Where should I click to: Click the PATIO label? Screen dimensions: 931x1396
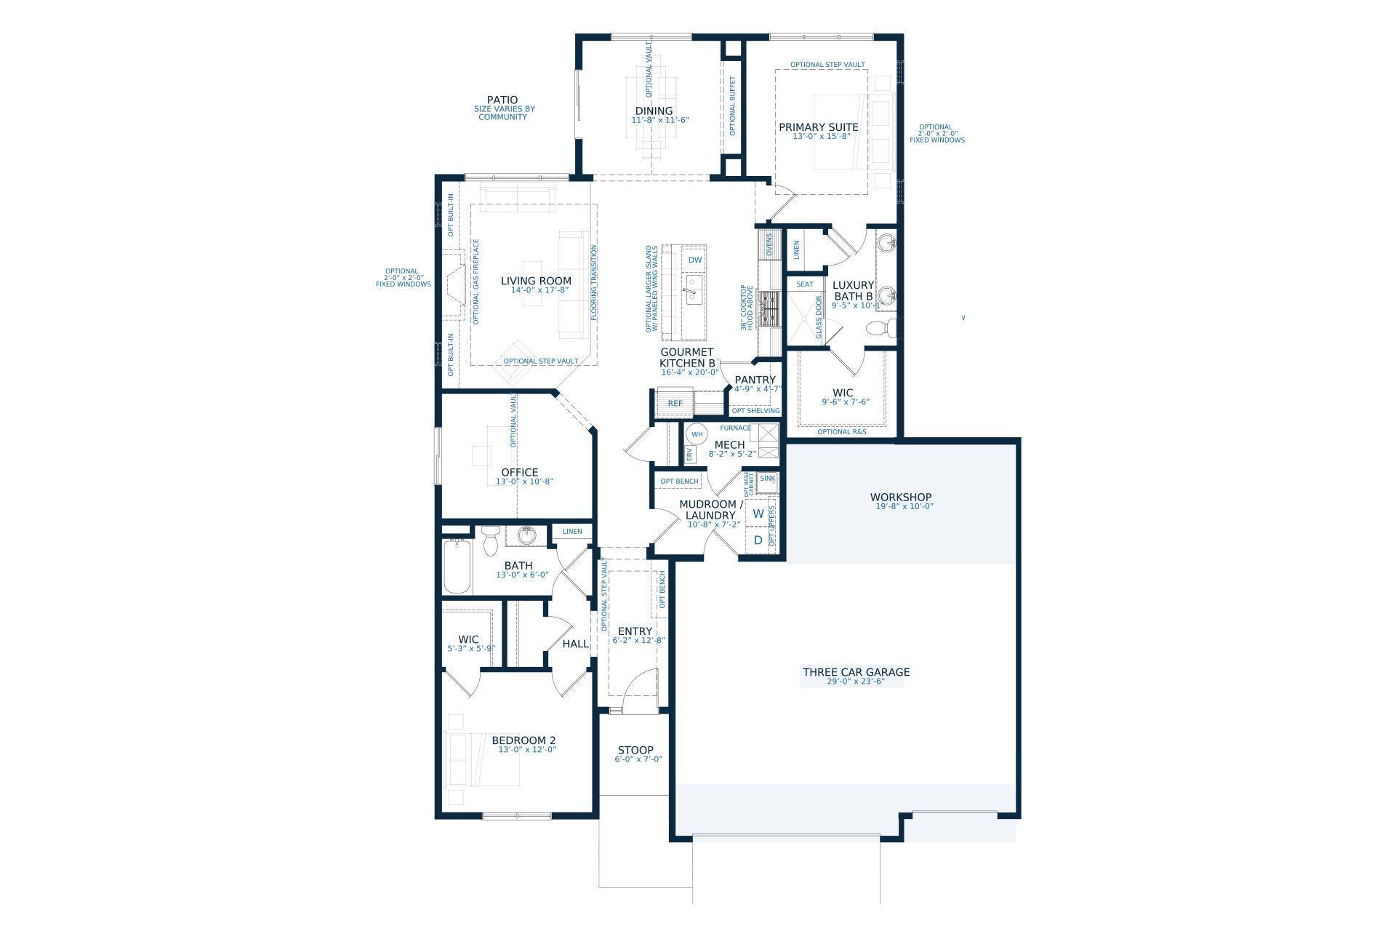pyautogui.click(x=502, y=100)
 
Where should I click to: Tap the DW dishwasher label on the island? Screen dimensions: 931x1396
pyautogui.click(x=695, y=260)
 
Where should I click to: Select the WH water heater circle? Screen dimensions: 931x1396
pyautogui.click(x=697, y=435)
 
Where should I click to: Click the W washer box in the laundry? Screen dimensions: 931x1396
pyautogui.click(x=758, y=514)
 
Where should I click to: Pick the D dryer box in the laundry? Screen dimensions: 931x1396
pyautogui.click(x=758, y=540)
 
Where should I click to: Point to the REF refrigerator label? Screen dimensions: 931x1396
pyautogui.click(x=675, y=403)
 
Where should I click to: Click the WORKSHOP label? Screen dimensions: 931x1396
pyautogui.click(x=901, y=498)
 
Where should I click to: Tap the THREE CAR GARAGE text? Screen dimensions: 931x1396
pyautogui.click(x=856, y=672)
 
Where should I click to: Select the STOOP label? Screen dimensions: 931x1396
pyautogui.click(x=635, y=750)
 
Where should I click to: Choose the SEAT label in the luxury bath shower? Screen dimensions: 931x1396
pyautogui.click(x=805, y=284)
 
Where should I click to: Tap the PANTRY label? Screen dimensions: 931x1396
pyautogui.click(x=755, y=380)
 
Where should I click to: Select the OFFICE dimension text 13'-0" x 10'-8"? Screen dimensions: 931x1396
pyautogui.click(x=520, y=482)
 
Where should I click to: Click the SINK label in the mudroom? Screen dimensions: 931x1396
pyautogui.click(x=767, y=479)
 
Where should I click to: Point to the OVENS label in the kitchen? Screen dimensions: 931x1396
pyautogui.click(x=769, y=245)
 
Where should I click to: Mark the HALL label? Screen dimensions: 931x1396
pyautogui.click(x=576, y=644)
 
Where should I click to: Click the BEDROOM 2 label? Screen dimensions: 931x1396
pyautogui.click(x=523, y=741)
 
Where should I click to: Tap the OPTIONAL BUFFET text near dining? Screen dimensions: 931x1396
pyautogui.click(x=732, y=106)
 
